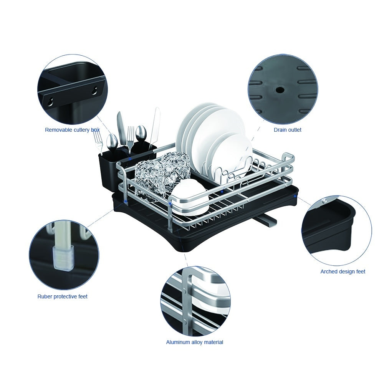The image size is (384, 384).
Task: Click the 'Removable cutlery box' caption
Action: point(72,130)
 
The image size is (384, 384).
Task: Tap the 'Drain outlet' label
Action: point(288,130)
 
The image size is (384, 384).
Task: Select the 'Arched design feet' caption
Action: point(343,271)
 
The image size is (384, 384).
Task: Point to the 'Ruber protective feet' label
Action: point(63,296)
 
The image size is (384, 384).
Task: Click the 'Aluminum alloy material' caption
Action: point(195,342)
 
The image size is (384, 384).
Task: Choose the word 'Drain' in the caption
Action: point(281,130)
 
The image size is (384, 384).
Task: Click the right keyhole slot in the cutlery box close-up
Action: point(94,91)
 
